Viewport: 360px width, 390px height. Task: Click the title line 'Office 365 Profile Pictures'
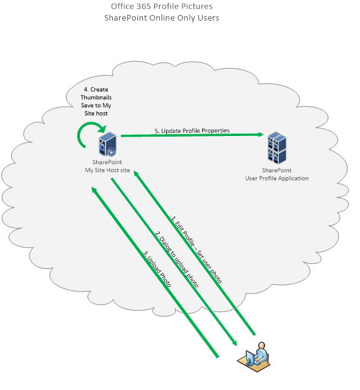click(x=162, y=6)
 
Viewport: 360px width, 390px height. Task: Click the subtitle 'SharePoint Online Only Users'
click(x=162, y=18)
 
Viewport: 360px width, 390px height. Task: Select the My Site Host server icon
click(x=108, y=144)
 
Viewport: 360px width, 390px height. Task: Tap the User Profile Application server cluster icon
click(x=277, y=148)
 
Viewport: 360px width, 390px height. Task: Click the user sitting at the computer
click(x=254, y=357)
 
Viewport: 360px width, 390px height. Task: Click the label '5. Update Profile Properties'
click(x=192, y=130)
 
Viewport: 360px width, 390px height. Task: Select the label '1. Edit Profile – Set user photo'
click(x=196, y=250)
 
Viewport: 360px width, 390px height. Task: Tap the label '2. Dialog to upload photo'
click(x=177, y=259)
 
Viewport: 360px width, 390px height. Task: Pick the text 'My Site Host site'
click(x=107, y=170)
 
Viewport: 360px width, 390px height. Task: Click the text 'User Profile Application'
click(x=277, y=178)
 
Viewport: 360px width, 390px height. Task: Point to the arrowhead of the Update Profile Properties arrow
click(x=261, y=135)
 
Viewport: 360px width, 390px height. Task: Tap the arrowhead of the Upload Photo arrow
click(x=94, y=190)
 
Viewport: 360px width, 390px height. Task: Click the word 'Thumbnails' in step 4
click(x=96, y=97)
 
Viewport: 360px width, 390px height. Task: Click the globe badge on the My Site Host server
click(x=112, y=152)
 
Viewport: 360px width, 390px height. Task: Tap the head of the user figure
click(x=261, y=346)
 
